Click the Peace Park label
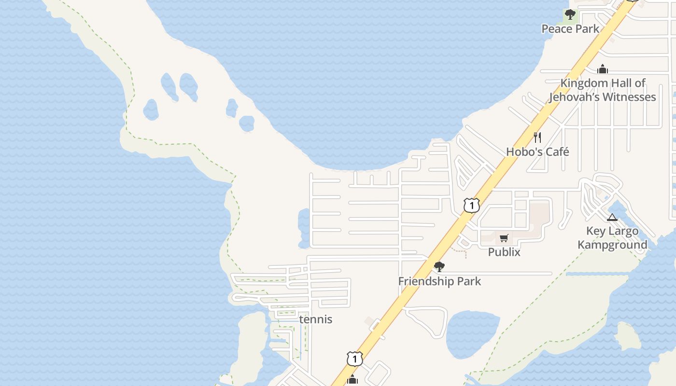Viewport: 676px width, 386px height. pyautogui.click(x=570, y=29)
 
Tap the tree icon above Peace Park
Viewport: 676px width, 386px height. pyautogui.click(x=570, y=14)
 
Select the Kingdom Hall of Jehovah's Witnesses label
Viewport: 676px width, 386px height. pyautogui.click(x=603, y=90)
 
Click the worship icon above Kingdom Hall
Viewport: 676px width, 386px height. pyautogui.click(x=603, y=69)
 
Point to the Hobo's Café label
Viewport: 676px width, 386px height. pyautogui.click(x=537, y=152)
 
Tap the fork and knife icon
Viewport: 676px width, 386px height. pyautogui.click(x=537, y=138)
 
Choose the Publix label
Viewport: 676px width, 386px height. pyautogui.click(x=504, y=252)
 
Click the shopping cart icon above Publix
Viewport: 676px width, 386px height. pyautogui.click(x=504, y=238)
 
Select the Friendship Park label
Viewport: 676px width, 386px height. pyautogui.click(x=439, y=281)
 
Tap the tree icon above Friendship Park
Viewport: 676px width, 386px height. pyautogui.click(x=439, y=266)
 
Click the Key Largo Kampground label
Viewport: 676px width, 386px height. pyautogui.click(x=612, y=238)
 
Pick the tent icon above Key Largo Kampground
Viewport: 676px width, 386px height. pyautogui.click(x=612, y=217)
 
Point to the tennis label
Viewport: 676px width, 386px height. pyautogui.click(x=316, y=319)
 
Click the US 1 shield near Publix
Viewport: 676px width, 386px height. pyautogui.click(x=472, y=206)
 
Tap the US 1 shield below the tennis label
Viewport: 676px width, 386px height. pyautogui.click(x=354, y=359)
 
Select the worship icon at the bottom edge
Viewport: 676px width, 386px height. pyautogui.click(x=352, y=380)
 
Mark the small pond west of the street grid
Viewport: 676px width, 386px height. pyautogui.click(x=304, y=227)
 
